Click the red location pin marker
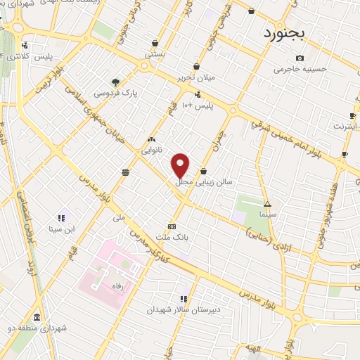[181, 165]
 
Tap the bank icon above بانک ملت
[172, 226]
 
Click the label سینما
[267, 212]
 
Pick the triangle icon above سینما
[266, 203]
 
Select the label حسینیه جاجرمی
[301, 69]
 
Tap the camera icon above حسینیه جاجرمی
[300, 58]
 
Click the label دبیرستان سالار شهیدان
[184, 309]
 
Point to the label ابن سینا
[61, 229]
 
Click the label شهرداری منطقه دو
[37, 328]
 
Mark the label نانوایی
[153, 150]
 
